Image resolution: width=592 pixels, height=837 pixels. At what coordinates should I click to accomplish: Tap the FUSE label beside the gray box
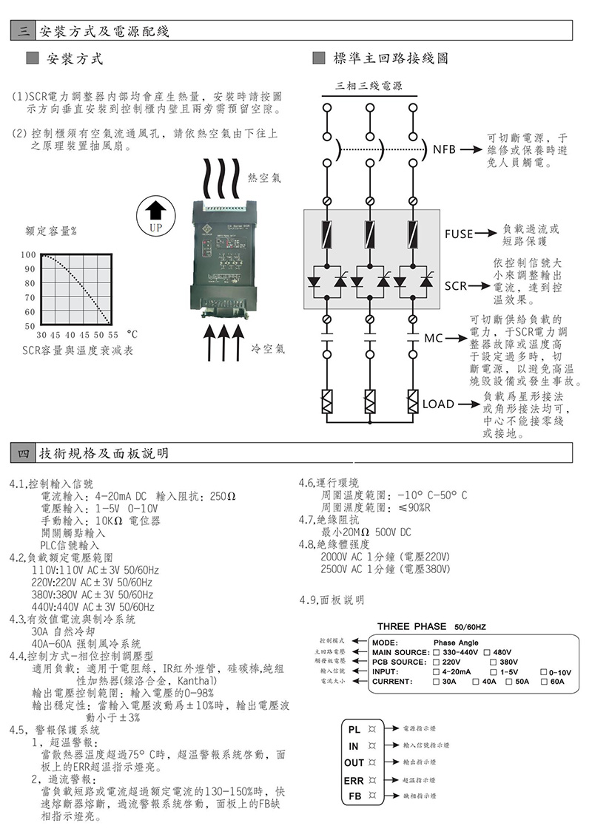click(x=458, y=234)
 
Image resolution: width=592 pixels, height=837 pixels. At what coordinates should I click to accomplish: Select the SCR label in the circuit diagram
click(x=456, y=285)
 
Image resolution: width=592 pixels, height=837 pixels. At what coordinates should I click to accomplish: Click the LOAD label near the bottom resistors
click(x=438, y=404)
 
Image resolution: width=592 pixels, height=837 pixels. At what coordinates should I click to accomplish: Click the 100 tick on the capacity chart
click(x=28, y=255)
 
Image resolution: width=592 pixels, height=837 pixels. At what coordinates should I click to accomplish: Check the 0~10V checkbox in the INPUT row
click(x=544, y=671)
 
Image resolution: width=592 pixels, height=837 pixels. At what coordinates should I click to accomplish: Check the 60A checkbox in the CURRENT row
click(x=544, y=680)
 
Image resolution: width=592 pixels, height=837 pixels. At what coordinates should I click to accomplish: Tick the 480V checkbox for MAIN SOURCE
click(x=488, y=652)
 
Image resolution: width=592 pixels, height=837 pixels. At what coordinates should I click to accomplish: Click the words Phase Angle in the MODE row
click(x=456, y=643)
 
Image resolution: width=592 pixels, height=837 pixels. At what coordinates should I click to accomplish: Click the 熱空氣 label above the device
click(x=265, y=179)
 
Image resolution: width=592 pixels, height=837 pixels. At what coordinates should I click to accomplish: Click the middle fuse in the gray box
click(x=369, y=234)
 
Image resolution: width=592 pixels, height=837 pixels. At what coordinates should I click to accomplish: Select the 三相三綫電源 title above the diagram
click(x=369, y=86)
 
